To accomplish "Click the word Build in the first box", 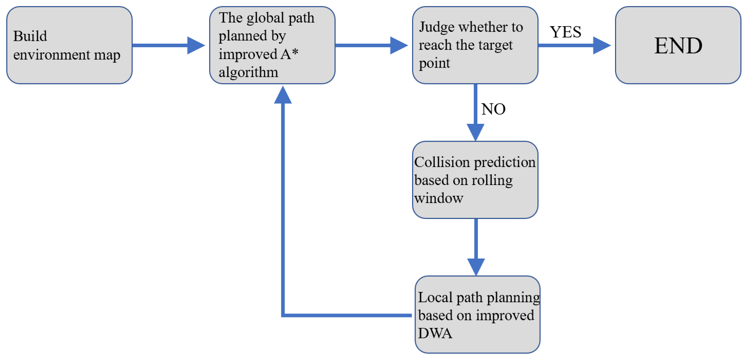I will [30, 36].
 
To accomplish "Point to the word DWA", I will [435, 333].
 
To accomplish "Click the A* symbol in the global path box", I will [289, 54].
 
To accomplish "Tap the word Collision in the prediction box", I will [441, 162].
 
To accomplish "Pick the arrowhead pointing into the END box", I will [602, 46].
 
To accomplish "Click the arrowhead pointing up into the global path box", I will [283, 95].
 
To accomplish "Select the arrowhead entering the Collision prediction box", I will [475, 132].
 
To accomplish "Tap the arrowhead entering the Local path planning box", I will [476, 267].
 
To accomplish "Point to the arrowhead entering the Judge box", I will [399, 46].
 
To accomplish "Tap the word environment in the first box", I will [52, 55].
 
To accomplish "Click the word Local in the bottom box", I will [435, 297].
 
